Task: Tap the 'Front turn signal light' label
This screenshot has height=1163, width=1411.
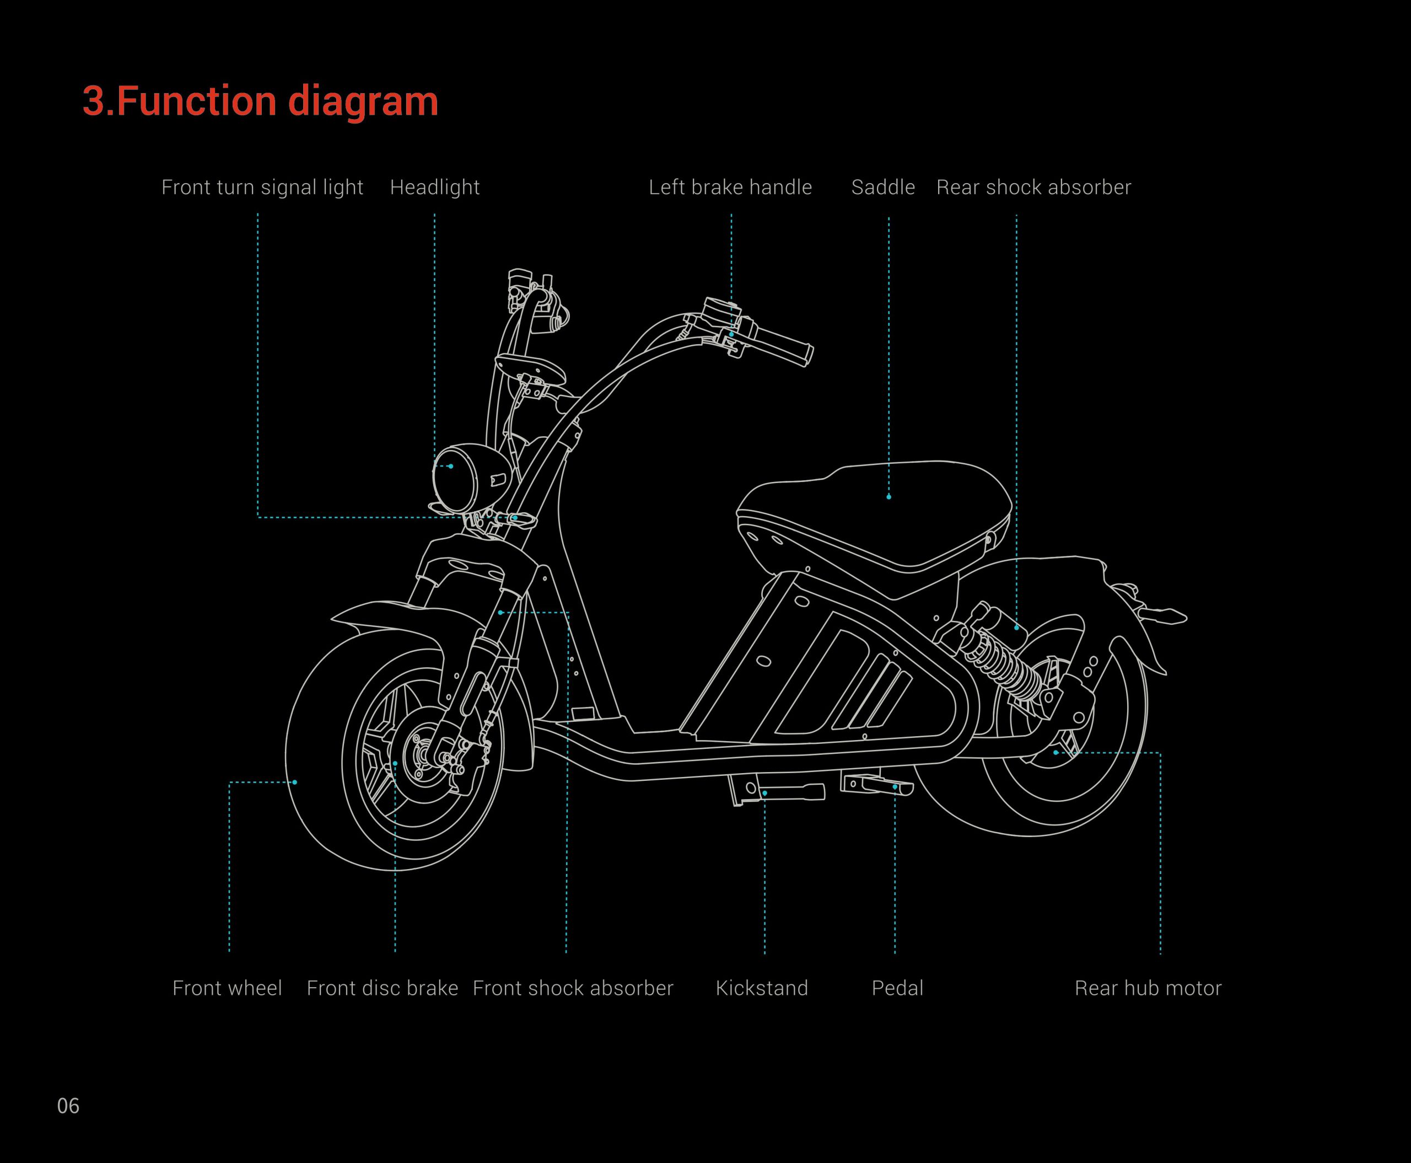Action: coord(262,187)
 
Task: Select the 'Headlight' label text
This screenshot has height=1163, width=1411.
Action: coord(435,187)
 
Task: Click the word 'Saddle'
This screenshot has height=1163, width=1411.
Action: coord(882,187)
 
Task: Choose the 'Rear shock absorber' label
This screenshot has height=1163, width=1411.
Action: coord(1033,187)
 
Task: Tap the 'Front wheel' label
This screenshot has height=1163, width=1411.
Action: coord(227,988)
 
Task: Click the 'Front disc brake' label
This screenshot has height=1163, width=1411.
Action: coord(383,988)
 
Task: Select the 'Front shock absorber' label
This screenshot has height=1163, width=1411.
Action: coord(573,988)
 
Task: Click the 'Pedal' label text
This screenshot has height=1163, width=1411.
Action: coord(897,988)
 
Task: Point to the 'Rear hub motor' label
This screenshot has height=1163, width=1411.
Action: coord(1148,988)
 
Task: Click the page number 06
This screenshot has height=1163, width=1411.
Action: coord(68,1106)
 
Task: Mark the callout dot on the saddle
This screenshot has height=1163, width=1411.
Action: coord(888,497)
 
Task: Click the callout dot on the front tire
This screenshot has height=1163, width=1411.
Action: coord(295,783)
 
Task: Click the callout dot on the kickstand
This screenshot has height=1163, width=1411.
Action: coord(765,793)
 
